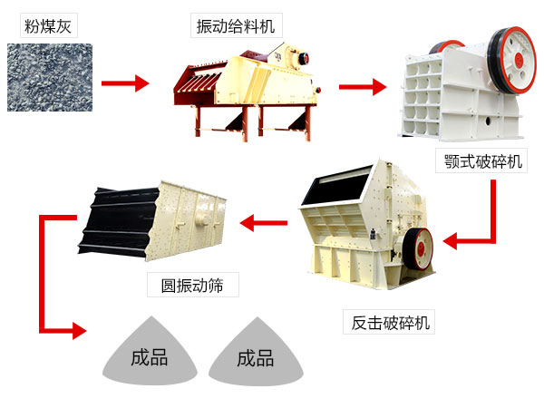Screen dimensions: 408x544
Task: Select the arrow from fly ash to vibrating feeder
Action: [124, 84]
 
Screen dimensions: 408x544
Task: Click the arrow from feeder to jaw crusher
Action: [363, 87]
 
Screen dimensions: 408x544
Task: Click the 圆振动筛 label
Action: [192, 286]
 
